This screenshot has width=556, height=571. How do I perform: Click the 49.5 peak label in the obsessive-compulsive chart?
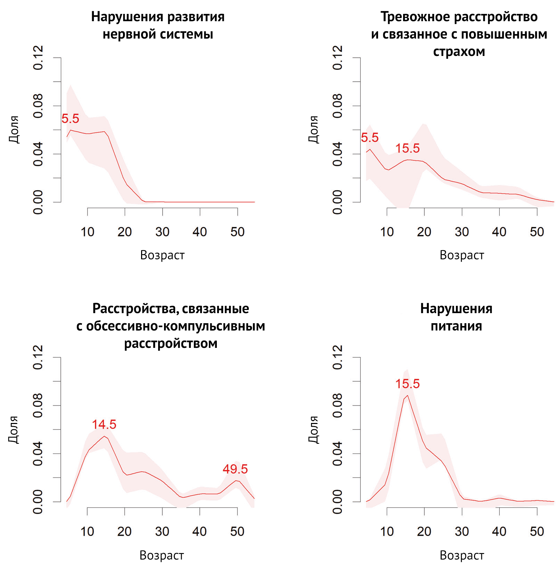click(235, 469)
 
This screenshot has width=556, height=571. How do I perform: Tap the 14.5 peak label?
click(104, 424)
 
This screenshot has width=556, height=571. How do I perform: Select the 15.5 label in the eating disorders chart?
click(407, 384)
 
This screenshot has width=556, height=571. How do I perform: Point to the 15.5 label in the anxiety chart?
click(407, 148)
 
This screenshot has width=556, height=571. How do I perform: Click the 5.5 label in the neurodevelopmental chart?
click(70, 119)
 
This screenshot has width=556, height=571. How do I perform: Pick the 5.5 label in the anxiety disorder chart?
click(369, 138)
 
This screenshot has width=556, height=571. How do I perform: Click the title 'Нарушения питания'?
click(456, 317)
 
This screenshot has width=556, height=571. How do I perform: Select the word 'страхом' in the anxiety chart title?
click(459, 51)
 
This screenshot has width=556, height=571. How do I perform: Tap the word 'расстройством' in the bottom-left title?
click(171, 343)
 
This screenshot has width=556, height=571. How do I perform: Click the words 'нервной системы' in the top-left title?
click(158, 34)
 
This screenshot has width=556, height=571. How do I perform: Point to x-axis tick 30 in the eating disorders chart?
click(462, 531)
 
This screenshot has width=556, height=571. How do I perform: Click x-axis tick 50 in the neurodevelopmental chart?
click(237, 232)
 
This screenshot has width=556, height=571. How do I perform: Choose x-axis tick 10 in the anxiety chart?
click(387, 232)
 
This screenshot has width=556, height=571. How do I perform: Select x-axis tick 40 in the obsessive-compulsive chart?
click(199, 531)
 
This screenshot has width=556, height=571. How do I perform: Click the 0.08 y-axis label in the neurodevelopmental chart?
click(38, 106)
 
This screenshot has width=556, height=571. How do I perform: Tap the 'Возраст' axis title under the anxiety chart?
click(461, 255)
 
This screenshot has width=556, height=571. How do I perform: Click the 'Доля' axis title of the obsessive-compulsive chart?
click(14, 430)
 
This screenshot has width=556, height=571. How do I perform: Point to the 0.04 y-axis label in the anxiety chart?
click(337, 154)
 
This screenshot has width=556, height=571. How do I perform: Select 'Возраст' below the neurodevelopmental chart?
click(162, 255)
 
